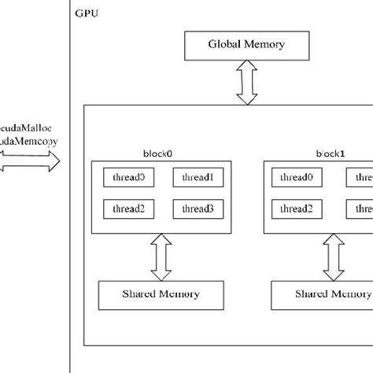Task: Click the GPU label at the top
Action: [88, 14]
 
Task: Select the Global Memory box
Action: [246, 45]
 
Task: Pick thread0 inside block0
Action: [129, 178]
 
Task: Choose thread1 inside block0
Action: [198, 178]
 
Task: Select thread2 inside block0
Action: [129, 209]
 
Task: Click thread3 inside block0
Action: [198, 209]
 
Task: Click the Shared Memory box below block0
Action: [161, 294]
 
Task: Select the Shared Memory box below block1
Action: [321, 294]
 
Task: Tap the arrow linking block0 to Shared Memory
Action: [161, 257]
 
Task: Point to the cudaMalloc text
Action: [28, 127]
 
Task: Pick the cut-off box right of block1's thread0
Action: [363, 178]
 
